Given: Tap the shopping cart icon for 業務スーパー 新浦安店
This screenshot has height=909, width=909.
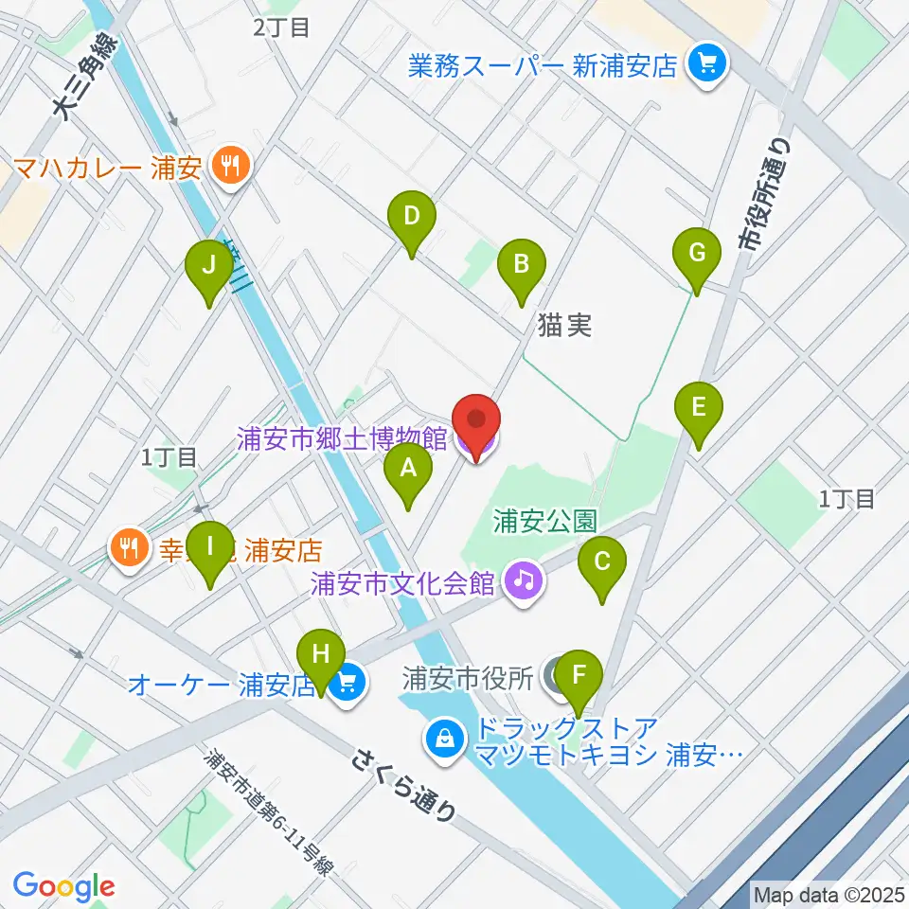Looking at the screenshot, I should (x=705, y=64).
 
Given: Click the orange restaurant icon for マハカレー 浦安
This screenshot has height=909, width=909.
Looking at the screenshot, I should (x=229, y=168).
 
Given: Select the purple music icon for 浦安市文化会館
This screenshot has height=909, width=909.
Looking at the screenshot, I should (x=524, y=578).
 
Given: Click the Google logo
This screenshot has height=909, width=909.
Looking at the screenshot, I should (x=63, y=886).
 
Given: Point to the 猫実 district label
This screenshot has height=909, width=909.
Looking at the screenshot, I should (x=564, y=327).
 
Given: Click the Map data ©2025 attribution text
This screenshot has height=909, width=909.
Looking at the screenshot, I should (x=829, y=894).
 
